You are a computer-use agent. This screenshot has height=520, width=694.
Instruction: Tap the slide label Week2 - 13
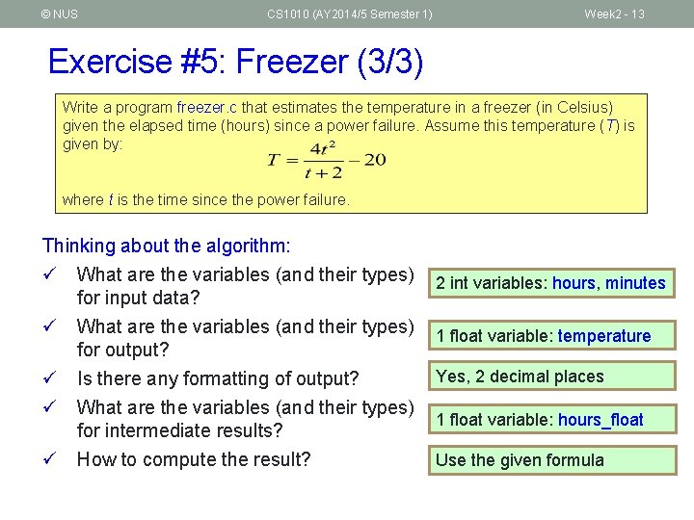[614, 13]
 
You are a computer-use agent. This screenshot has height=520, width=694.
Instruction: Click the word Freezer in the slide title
[294, 62]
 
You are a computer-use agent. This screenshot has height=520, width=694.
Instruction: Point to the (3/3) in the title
[390, 62]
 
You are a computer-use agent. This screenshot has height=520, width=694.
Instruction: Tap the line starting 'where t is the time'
[205, 199]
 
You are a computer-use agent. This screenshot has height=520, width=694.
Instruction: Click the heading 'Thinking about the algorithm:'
[166, 247]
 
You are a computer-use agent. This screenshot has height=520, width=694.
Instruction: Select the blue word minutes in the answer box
[635, 283]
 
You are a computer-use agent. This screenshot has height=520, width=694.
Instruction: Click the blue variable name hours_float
[601, 420]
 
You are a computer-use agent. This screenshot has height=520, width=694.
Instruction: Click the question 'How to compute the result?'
[194, 459]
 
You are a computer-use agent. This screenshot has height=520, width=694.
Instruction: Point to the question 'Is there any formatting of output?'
[218, 379]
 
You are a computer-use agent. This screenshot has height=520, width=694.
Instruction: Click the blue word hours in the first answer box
[574, 283]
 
